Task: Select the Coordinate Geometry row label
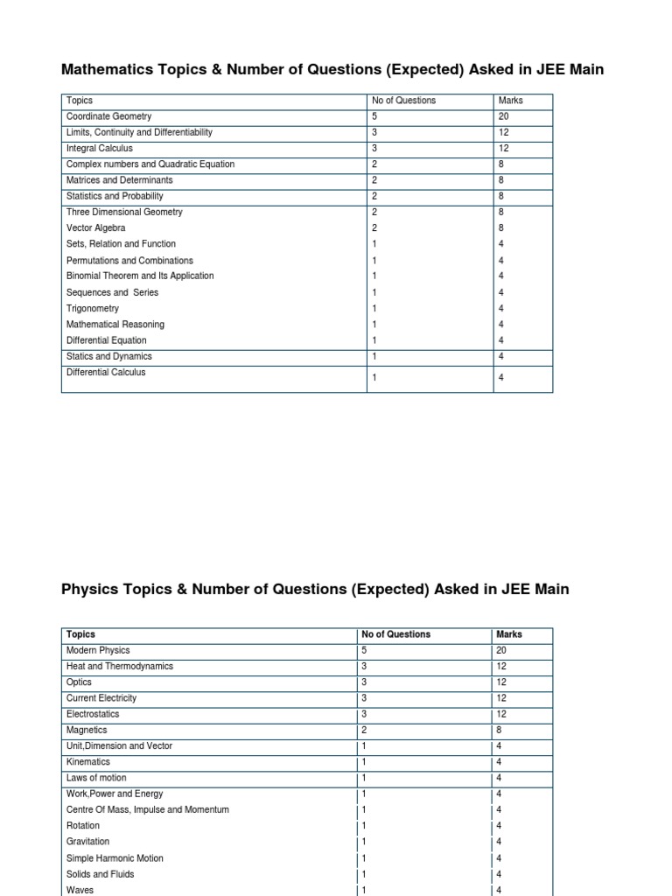108,116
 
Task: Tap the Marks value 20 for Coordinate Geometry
504,116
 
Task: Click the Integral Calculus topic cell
100,149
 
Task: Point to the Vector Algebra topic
95,228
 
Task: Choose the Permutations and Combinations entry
129,261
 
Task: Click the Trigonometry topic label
92,309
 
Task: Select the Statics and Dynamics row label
108,356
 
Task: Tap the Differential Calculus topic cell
106,373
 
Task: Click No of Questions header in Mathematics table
403,101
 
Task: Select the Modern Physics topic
98,650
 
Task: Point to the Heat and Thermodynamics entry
120,666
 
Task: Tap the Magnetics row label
87,730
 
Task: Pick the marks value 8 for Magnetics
499,730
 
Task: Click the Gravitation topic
88,842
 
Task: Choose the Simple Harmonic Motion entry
115,858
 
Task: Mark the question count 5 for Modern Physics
364,650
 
